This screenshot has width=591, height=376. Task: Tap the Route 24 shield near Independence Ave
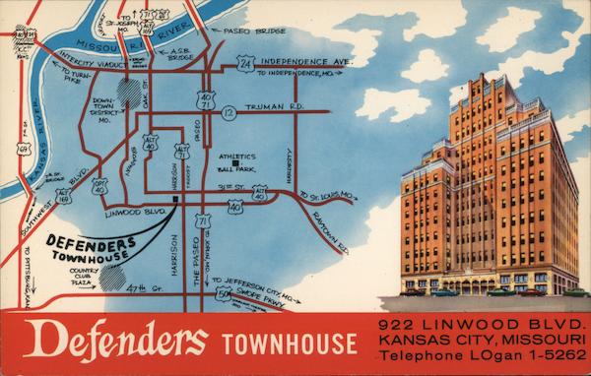pyautogui.click(x=245, y=63)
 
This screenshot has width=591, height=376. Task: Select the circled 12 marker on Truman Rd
pyautogui.click(x=229, y=113)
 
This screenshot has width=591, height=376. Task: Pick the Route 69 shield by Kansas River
pyautogui.click(x=24, y=149)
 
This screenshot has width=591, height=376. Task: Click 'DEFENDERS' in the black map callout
pyautogui.click(x=91, y=243)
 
